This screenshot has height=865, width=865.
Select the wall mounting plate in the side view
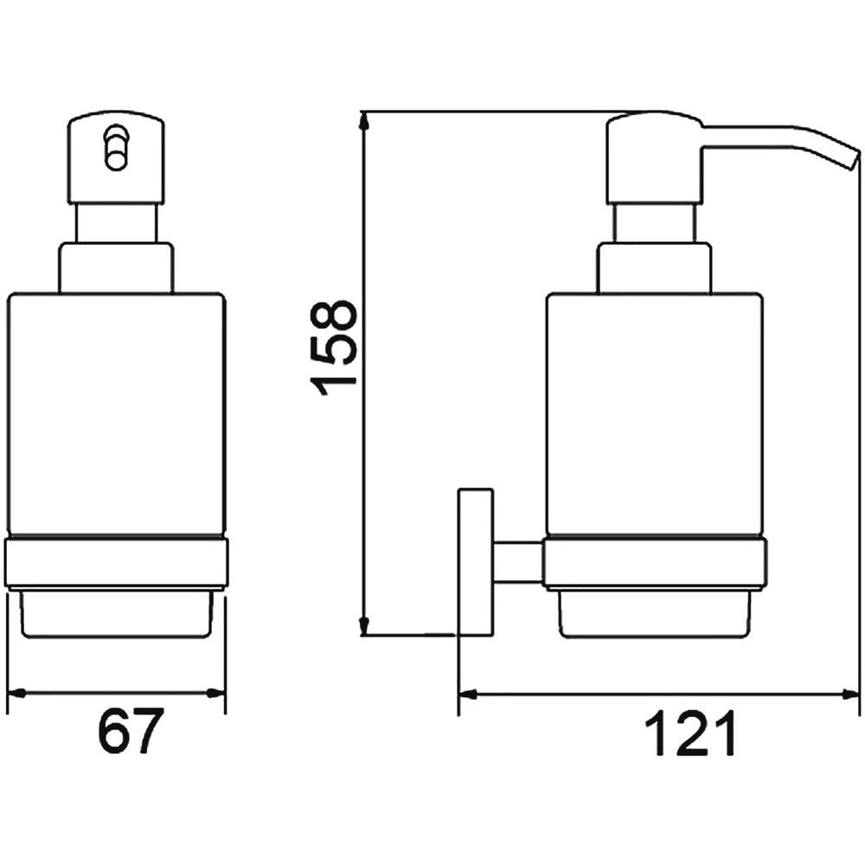tap(475, 562)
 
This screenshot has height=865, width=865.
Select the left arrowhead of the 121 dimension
tap(469, 694)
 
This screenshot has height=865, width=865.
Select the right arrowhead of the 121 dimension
tap(849, 694)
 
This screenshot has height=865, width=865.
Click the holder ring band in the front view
tap(116, 563)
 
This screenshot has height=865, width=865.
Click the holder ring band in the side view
tap(656, 563)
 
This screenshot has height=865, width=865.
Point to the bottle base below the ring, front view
tap(116, 612)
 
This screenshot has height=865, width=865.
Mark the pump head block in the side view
tap(655, 157)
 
